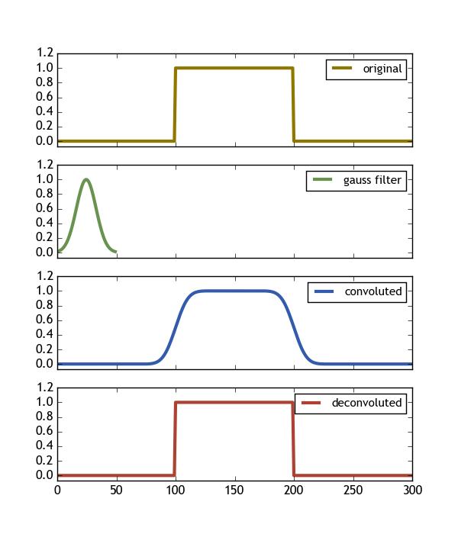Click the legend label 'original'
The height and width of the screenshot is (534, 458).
pyautogui.click(x=382, y=69)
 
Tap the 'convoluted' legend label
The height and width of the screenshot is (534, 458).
pyautogui.click(x=374, y=291)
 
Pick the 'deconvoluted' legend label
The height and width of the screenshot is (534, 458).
pyautogui.click(x=366, y=403)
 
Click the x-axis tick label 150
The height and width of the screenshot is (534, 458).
pyautogui.click(x=235, y=491)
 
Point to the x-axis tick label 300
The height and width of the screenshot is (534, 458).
pyautogui.click(x=412, y=491)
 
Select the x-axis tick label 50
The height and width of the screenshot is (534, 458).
pyautogui.click(x=116, y=491)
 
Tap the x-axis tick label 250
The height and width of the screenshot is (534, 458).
pyautogui.click(x=353, y=491)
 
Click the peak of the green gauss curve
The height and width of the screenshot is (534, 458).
pyautogui.click(x=86, y=180)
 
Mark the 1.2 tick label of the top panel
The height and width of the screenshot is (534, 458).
pyautogui.click(x=44, y=53)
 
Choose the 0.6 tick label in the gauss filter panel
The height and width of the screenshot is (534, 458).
pyautogui.click(x=44, y=208)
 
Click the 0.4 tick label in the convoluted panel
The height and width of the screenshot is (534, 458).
pyautogui.click(x=44, y=334)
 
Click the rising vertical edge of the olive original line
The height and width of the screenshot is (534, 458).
pyautogui.click(x=175, y=105)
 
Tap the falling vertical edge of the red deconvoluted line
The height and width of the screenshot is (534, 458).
pyautogui.click(x=294, y=439)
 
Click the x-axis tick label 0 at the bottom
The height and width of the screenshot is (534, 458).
pyautogui.click(x=57, y=491)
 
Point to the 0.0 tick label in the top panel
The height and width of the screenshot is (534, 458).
pyautogui.click(x=44, y=141)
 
